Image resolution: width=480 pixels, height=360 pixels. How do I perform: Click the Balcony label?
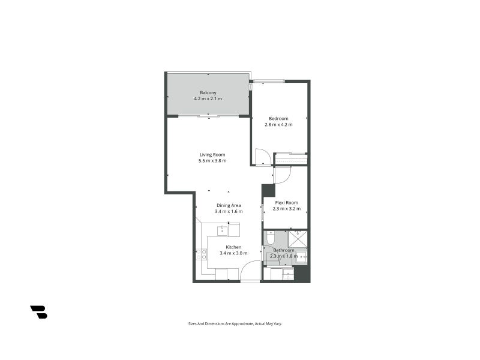tap(208, 92)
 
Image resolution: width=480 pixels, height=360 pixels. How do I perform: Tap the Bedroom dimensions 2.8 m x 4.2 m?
tap(278, 125)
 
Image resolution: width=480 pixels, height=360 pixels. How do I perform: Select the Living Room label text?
tap(212, 155)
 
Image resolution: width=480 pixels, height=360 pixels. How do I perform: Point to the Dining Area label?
tap(229, 205)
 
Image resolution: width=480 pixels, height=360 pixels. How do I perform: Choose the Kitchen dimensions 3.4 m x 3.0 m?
tap(233, 253)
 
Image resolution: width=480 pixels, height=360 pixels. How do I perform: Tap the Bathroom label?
tap(284, 250)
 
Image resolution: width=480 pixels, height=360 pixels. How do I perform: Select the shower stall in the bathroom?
tap(298, 239)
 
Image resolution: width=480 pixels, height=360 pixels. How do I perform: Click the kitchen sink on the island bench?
tap(221, 229)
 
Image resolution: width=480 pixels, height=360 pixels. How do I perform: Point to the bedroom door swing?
tap(262, 157)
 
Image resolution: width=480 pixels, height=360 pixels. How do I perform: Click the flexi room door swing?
tap(283, 175)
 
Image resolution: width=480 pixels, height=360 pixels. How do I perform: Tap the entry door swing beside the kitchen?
tap(251, 271)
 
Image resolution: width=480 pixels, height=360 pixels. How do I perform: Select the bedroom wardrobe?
tap(291, 159)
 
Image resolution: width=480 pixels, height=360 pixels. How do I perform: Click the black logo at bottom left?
tap(38, 312)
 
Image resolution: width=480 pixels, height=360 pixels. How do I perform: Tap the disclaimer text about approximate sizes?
tap(235, 323)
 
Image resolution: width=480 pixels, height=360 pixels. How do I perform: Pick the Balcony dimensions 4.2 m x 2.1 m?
tap(208, 98)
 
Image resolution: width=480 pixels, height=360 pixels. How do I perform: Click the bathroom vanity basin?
tap(302, 256)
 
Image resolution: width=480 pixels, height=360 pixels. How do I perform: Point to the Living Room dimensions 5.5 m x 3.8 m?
tap(212, 161)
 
